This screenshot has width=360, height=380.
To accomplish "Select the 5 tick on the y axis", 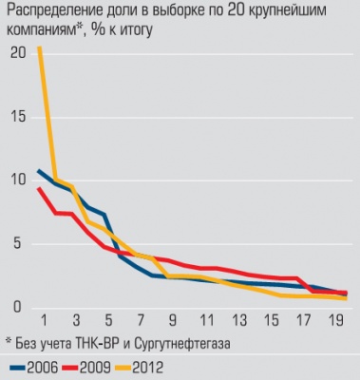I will [14, 244].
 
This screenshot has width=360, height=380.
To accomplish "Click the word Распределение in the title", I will [53, 12].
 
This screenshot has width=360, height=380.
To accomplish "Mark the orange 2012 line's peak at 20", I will [39, 47].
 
